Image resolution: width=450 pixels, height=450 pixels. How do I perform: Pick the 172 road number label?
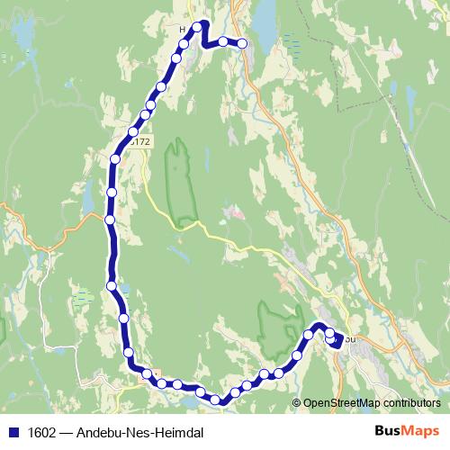click(x=139, y=142)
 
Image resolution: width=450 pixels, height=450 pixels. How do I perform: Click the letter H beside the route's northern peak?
click(x=183, y=29)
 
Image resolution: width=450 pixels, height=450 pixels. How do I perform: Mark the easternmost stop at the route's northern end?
click(x=242, y=43)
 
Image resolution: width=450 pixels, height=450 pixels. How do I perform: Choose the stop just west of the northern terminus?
click(x=221, y=41)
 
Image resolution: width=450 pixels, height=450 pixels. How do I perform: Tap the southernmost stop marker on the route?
click(x=215, y=400)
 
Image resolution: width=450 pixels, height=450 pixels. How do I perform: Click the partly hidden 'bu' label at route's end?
click(x=351, y=338)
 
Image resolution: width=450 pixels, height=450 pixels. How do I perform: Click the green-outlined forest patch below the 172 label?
click(x=183, y=180)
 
